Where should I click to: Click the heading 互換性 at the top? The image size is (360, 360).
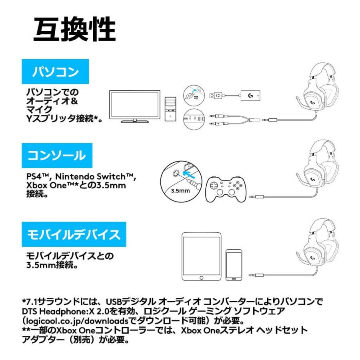74,30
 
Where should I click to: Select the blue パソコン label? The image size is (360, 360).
55,72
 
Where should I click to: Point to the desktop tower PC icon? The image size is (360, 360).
170,108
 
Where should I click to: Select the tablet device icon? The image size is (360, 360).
201,256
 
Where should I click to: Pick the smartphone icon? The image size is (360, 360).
234,265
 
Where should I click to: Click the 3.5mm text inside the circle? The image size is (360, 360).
180,191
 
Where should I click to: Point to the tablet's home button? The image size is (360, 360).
201,277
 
